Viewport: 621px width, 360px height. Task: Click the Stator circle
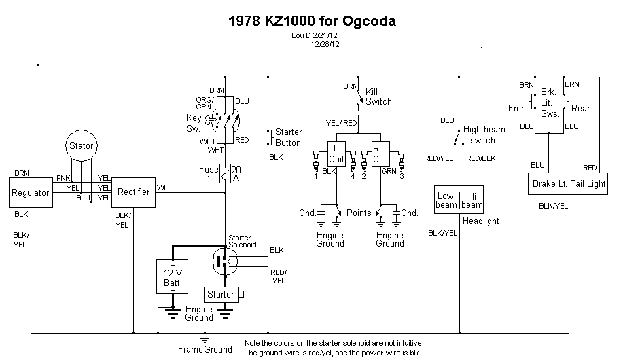pyautogui.click(x=81, y=145)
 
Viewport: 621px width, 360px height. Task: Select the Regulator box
pyautogui.click(x=31, y=192)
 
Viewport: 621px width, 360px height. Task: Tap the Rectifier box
pyautogui.click(x=133, y=192)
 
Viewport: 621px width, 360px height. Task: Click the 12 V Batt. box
pyautogui.click(x=173, y=276)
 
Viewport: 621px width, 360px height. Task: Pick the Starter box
pyautogui.click(x=220, y=295)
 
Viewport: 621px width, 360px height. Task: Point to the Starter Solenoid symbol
pyautogui.click(x=225, y=261)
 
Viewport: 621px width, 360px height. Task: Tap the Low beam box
pyautogui.click(x=446, y=199)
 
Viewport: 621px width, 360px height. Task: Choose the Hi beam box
pyautogui.click(x=472, y=199)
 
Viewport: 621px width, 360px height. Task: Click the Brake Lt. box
pyautogui.click(x=549, y=183)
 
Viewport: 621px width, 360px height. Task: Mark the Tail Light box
pyautogui.click(x=588, y=183)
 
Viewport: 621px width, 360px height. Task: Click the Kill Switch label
pyautogui.click(x=378, y=96)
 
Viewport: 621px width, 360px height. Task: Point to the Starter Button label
pyautogui.click(x=287, y=137)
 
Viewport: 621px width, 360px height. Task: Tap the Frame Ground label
pyautogui.click(x=205, y=350)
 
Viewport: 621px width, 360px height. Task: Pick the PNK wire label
pyautogui.click(x=63, y=178)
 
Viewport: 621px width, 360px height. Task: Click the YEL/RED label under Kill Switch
pyautogui.click(x=341, y=122)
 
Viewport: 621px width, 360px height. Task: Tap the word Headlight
pyautogui.click(x=480, y=221)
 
